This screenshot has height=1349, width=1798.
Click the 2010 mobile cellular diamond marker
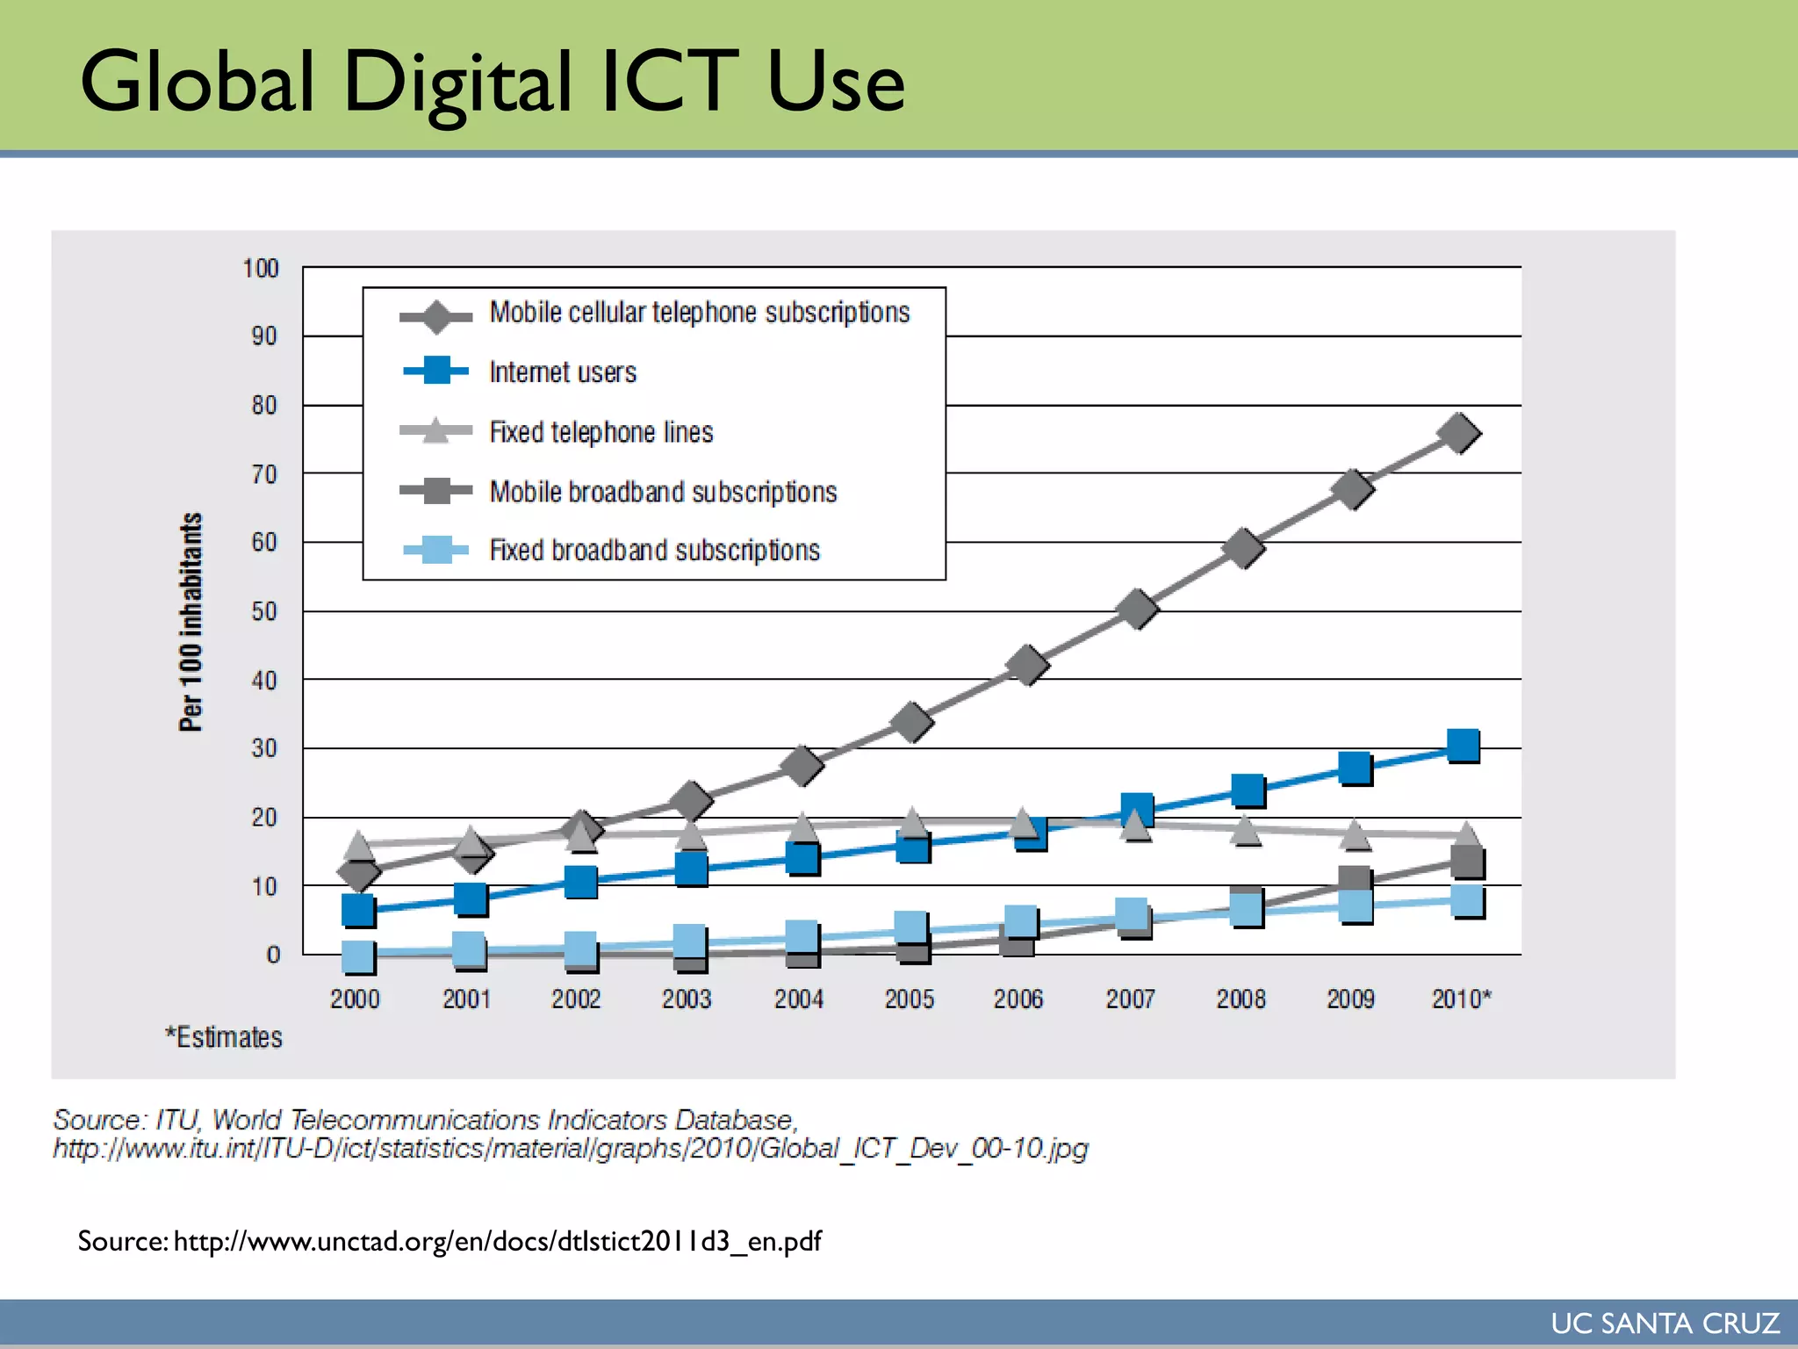point(1459,434)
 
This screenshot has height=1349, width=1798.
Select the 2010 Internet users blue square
point(1463,747)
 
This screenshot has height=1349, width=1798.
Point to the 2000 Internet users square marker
point(358,911)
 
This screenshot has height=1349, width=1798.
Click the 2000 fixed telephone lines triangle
point(358,845)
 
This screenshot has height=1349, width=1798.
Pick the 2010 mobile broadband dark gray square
point(1467,862)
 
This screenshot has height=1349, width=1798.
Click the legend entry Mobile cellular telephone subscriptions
point(699,313)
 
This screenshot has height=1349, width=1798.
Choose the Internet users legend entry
point(562,372)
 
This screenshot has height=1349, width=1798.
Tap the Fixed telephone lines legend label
point(601,432)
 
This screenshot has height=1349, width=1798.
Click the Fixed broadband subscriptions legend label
point(654,551)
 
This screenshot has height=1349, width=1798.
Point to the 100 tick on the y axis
point(261,269)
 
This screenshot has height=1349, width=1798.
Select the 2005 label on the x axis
point(909,999)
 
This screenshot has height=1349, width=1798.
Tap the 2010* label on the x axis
point(1461,999)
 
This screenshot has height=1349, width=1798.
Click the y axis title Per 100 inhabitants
point(191,622)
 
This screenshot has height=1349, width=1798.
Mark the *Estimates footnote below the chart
point(225,1037)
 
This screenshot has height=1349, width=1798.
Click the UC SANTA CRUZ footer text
point(1665,1324)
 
